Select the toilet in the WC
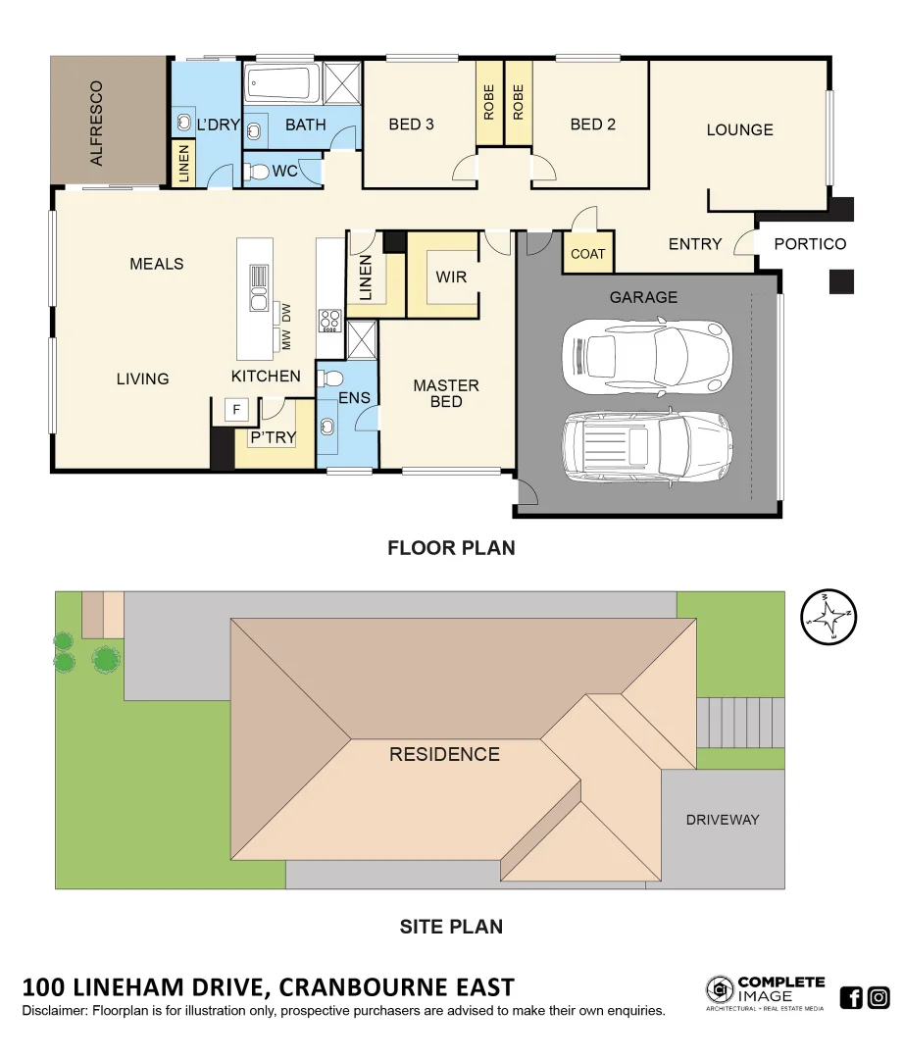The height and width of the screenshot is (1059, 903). [257, 173]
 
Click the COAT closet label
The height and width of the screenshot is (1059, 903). [587, 254]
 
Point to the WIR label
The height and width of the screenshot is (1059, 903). [451, 277]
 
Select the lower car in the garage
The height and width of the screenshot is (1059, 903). [647, 446]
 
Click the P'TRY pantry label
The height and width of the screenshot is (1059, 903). [273, 437]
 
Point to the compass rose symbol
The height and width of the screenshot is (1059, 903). [828, 618]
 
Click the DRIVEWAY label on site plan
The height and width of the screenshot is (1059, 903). [723, 820]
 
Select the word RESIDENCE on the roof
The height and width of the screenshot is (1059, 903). [444, 754]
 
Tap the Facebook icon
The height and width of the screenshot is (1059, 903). [851, 998]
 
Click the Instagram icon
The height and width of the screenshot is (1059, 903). [879, 998]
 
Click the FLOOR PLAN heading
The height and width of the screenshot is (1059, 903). [451, 548]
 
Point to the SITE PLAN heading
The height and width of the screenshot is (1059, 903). [451, 927]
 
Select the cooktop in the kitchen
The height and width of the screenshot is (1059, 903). [329, 320]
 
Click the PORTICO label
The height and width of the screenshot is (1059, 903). [810, 244]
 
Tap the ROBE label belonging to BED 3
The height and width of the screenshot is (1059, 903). [489, 102]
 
